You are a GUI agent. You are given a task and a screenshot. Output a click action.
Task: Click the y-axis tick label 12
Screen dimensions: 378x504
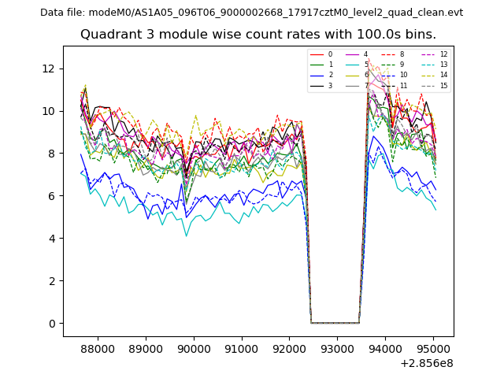(50, 69)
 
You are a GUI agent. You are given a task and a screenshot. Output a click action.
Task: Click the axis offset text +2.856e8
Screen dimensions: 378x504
(427, 363)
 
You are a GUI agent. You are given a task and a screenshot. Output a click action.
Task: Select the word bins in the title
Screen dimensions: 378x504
(420, 35)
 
